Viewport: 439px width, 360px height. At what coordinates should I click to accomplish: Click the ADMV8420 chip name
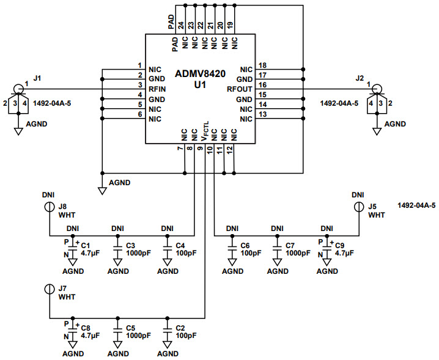200,73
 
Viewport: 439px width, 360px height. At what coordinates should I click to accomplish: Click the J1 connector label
38,78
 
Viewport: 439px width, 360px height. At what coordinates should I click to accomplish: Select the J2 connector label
359,78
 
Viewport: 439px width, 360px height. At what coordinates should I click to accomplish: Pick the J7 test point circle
48,288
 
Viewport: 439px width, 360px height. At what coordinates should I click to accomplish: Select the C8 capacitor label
86,328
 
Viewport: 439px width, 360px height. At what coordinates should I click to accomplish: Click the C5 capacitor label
130,328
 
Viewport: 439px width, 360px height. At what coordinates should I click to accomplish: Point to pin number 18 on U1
263,65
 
